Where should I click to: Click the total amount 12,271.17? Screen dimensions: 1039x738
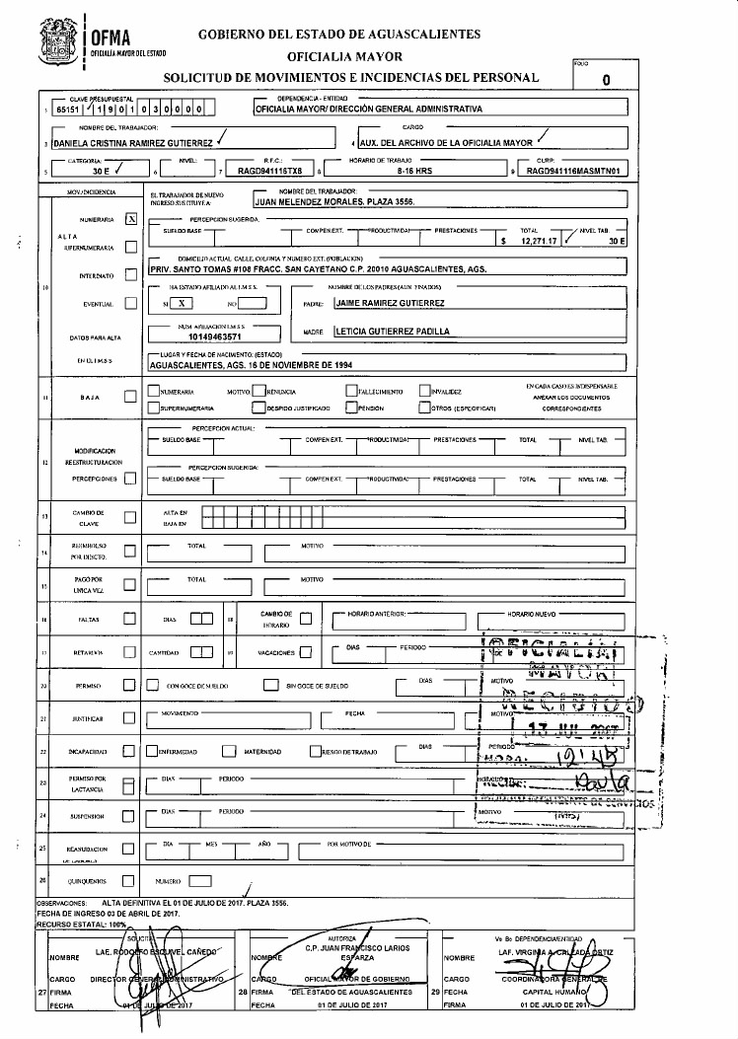tap(537, 240)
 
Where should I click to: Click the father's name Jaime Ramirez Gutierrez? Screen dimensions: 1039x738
tap(391, 303)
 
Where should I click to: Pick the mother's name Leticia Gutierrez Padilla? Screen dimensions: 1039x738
tap(393, 333)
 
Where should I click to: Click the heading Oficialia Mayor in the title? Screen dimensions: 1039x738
tap(338, 55)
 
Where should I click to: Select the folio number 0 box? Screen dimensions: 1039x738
tap(606, 80)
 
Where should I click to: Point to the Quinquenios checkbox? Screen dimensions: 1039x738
tap(130, 879)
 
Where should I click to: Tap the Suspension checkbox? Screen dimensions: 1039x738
tap(130, 816)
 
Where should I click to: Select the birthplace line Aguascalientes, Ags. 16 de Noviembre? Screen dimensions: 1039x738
tap(251, 364)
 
